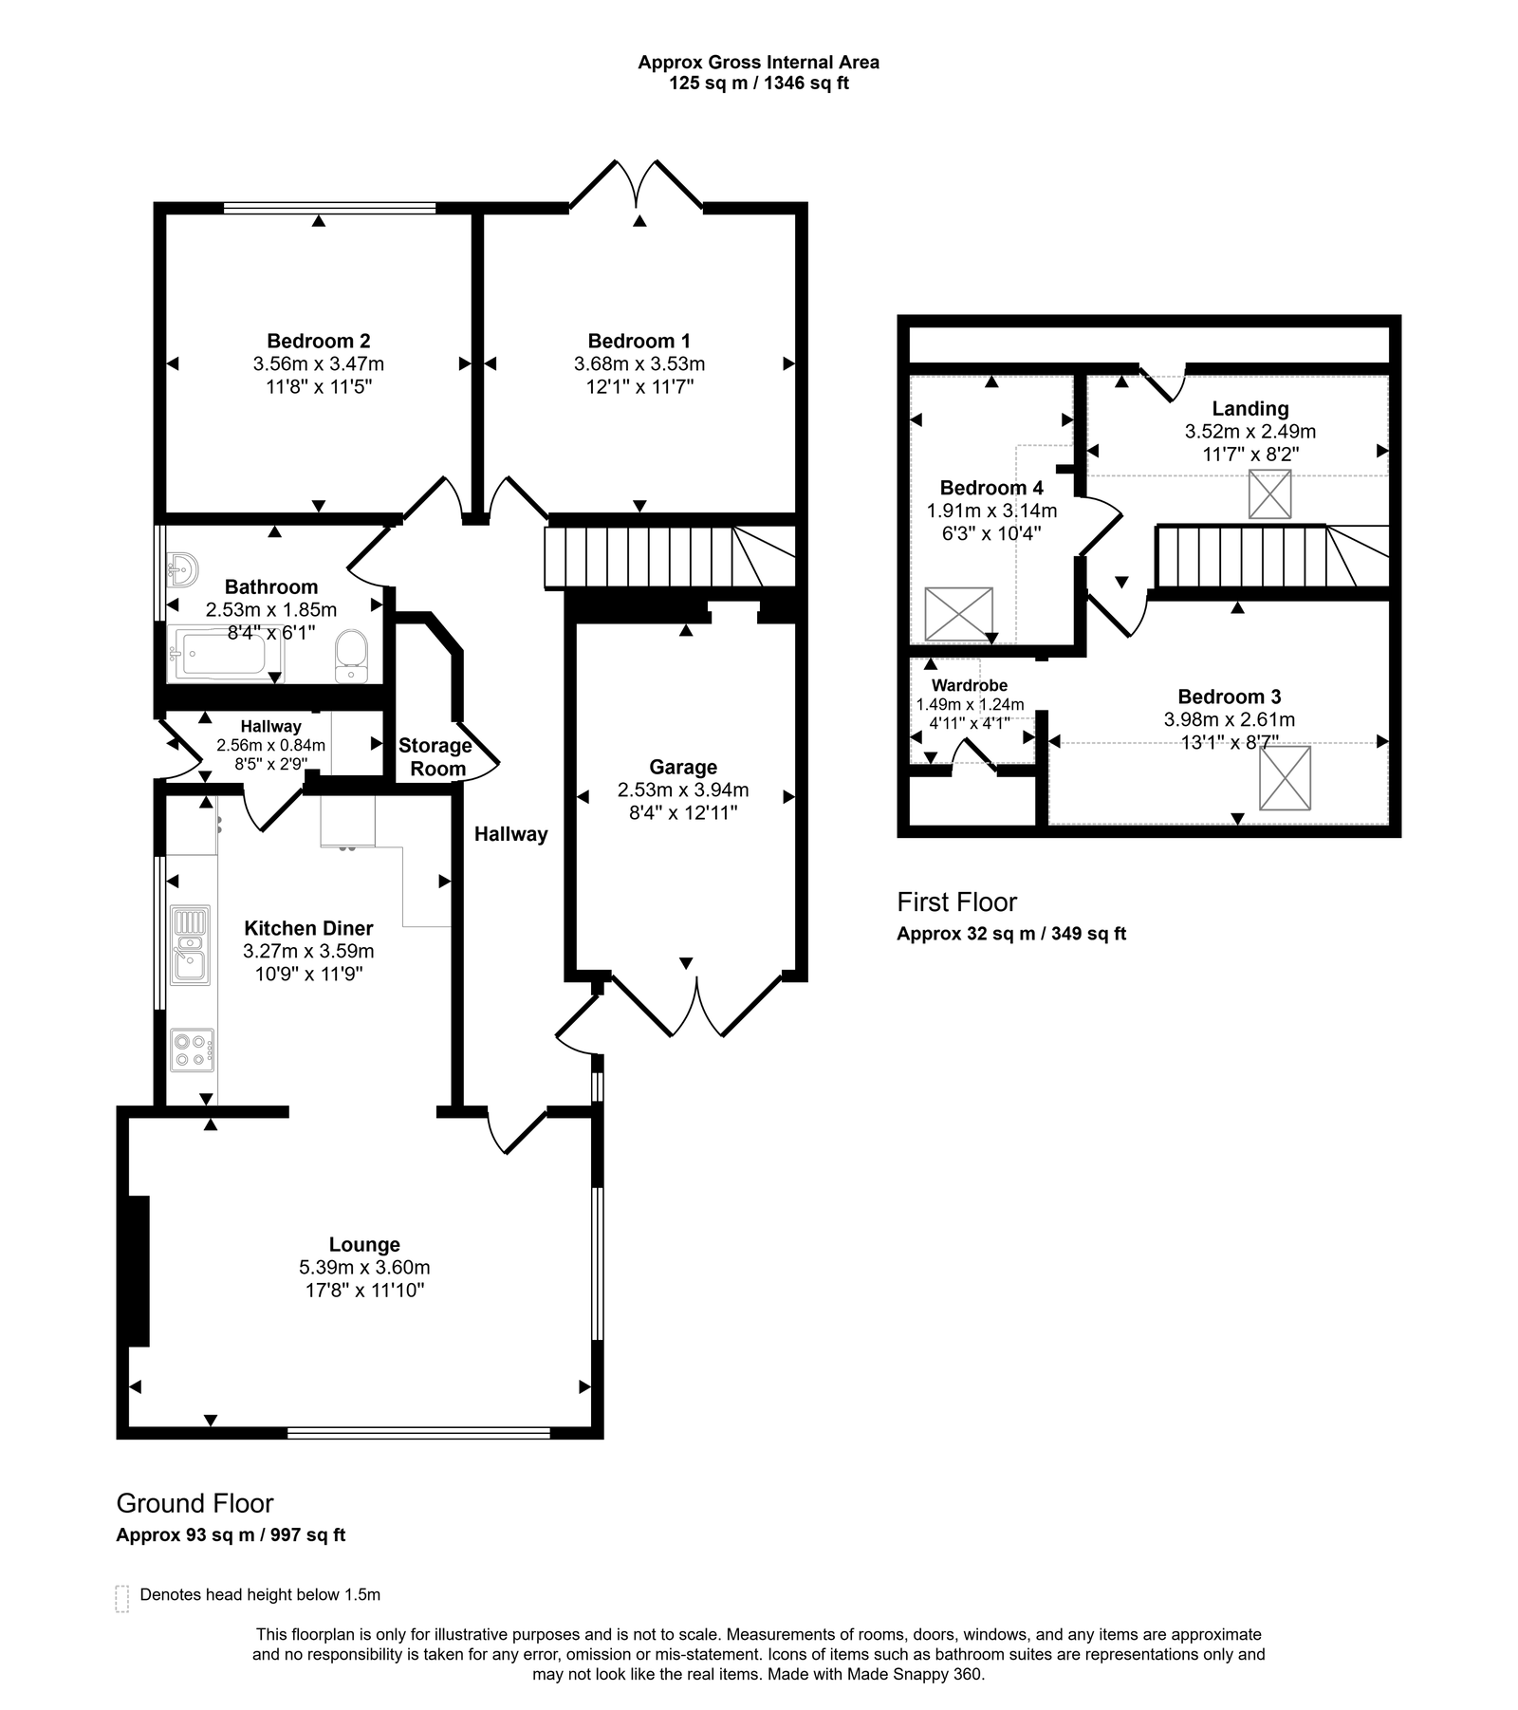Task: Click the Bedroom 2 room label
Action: click(318, 341)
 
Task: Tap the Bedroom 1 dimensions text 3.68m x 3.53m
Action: click(639, 363)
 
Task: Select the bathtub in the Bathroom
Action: click(226, 653)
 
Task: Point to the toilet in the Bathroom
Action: click(351, 656)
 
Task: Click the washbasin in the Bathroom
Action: click(181, 570)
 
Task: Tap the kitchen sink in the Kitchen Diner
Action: click(190, 944)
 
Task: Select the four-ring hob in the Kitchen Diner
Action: click(192, 1050)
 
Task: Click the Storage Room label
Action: click(435, 757)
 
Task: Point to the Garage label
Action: click(683, 767)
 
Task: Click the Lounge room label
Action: click(364, 1244)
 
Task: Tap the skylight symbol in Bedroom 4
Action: click(958, 614)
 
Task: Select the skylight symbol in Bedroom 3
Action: click(1285, 778)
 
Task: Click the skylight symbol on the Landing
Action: click(1269, 494)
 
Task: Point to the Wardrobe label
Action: click(970, 685)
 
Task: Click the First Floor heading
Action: click(957, 901)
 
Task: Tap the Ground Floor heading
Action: click(194, 1503)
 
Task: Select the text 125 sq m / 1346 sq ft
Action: click(758, 84)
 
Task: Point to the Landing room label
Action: click(1250, 409)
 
